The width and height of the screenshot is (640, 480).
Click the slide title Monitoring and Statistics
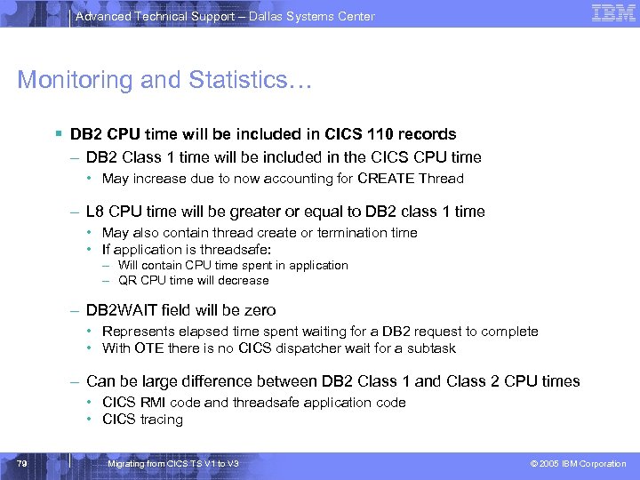[165, 80]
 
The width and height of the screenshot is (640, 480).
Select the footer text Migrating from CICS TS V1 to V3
[172, 464]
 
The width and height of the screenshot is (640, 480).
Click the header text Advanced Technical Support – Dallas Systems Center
[225, 16]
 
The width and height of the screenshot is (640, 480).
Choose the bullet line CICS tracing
[142, 420]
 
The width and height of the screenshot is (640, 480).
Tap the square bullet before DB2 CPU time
[57, 134]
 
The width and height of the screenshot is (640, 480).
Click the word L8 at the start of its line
[96, 212]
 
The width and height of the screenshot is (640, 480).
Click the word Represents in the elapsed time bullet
[140, 332]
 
